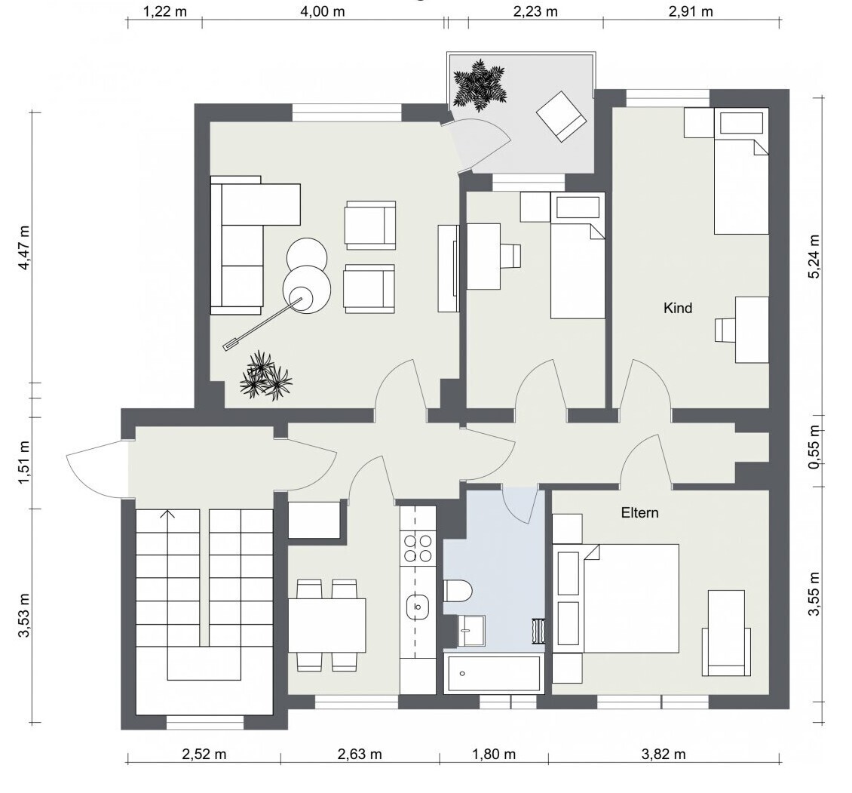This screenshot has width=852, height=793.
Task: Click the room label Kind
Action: click(678, 309)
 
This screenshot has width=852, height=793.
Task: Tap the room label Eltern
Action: click(639, 513)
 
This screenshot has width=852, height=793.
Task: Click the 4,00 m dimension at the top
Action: click(322, 11)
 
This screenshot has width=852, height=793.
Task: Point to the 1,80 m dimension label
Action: click(493, 755)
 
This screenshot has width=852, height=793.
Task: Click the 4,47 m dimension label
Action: click(24, 247)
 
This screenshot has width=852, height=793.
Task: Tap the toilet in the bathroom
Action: click(458, 591)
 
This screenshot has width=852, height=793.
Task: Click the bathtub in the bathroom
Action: click(494, 674)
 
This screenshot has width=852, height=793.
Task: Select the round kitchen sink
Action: click(417, 607)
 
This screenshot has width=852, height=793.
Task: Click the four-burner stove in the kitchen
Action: click(418, 548)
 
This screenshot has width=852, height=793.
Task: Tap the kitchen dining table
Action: click(326, 625)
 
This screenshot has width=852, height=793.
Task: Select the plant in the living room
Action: click(265, 375)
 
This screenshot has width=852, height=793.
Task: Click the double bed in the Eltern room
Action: click(630, 598)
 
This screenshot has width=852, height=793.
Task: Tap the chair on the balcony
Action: click(562, 116)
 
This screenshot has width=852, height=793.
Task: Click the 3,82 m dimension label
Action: click(664, 755)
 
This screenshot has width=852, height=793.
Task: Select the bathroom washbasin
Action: click(471, 631)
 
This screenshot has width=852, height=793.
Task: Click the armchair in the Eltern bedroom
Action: click(727, 633)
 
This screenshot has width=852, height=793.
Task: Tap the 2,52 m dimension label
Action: click(204, 755)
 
